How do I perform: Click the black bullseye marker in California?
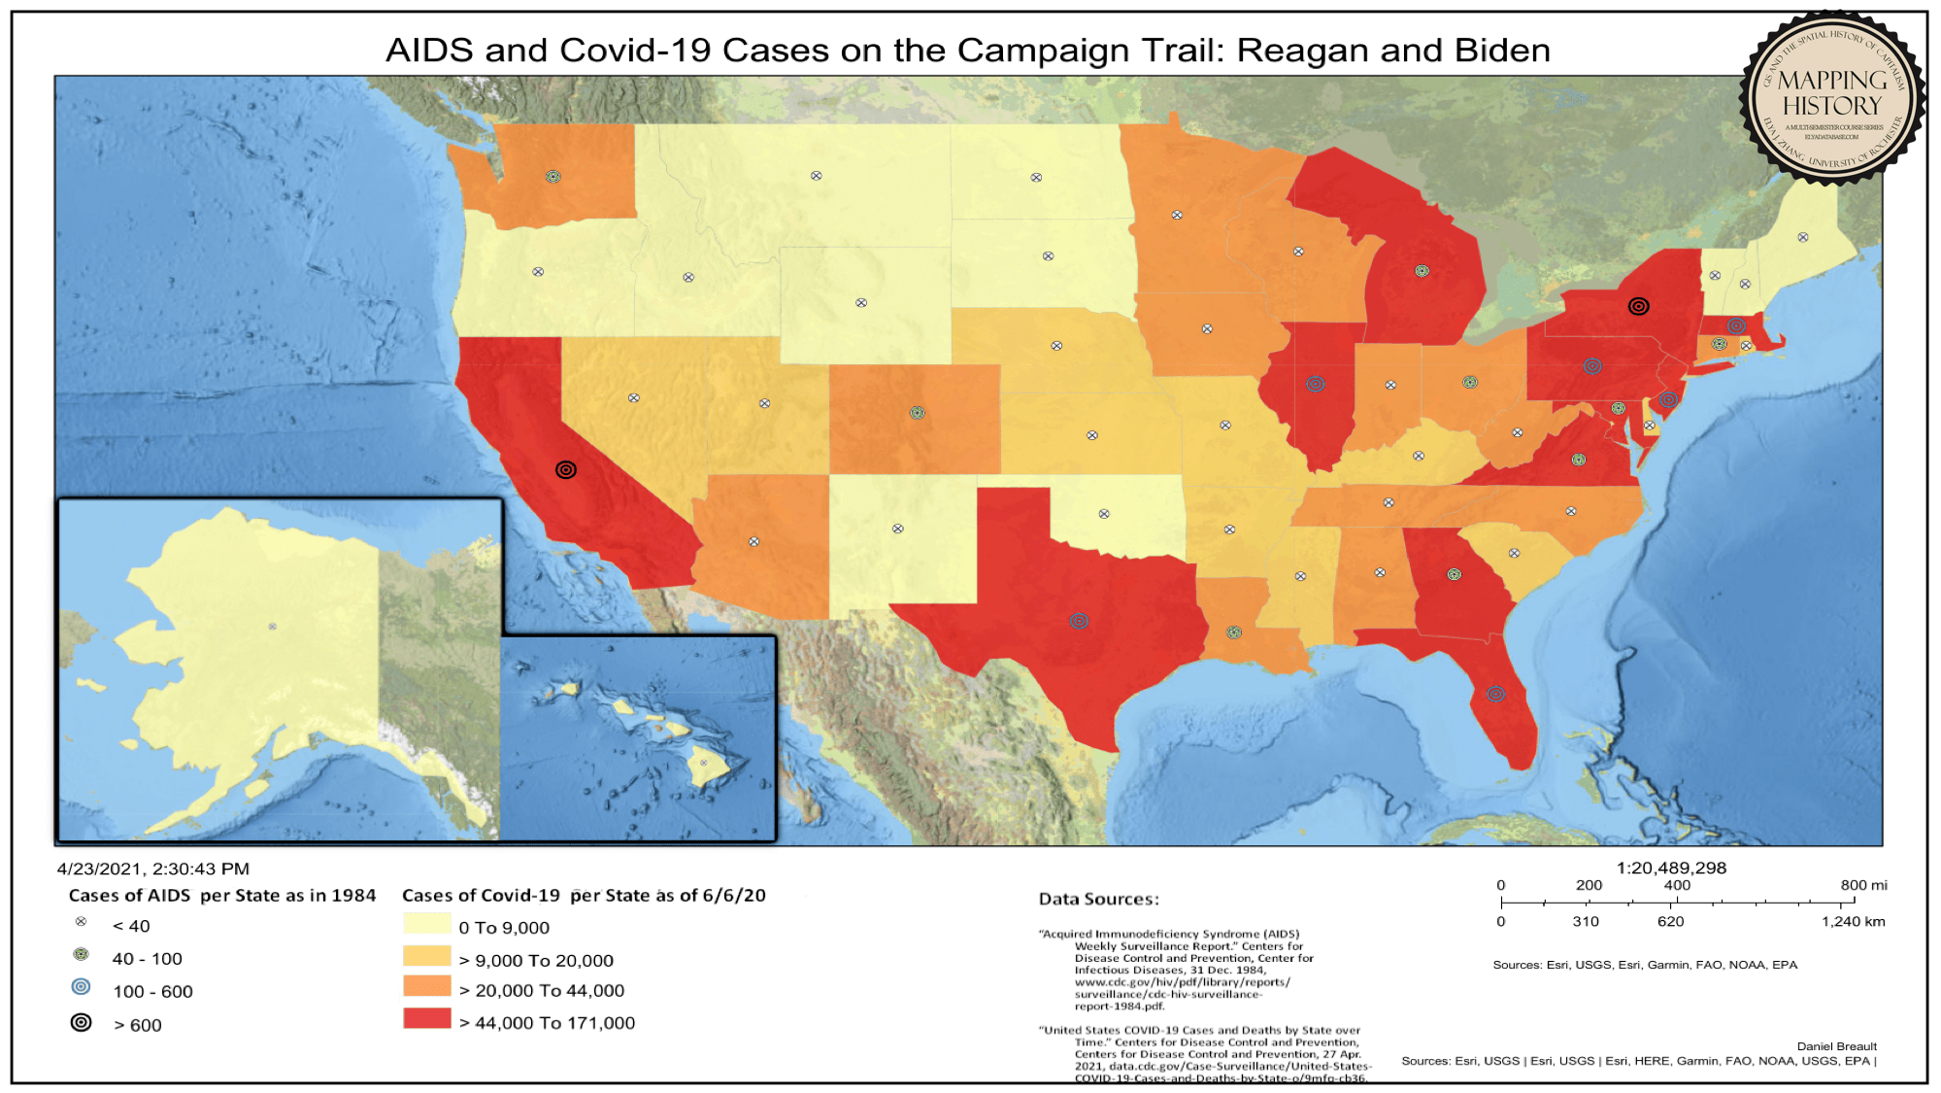[566, 470]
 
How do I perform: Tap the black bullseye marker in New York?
[1638, 306]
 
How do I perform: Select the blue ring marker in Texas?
[1079, 621]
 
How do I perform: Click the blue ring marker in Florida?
[1495, 694]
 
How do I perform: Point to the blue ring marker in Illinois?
[1315, 384]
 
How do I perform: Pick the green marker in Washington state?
[552, 177]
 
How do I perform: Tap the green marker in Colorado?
[917, 413]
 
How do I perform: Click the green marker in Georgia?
[1454, 574]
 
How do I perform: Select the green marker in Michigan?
[1422, 271]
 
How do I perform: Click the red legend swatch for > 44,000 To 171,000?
[427, 1018]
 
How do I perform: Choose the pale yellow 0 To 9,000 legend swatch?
[427, 923]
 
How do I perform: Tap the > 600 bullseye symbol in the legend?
[82, 1022]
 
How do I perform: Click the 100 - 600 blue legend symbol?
[82, 987]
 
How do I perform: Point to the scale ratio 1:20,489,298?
[1671, 868]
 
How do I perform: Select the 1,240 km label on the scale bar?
[1853, 921]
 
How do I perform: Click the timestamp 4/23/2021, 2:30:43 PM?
[153, 869]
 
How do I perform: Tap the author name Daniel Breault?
[1836, 1046]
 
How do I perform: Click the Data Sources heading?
[1098, 900]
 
